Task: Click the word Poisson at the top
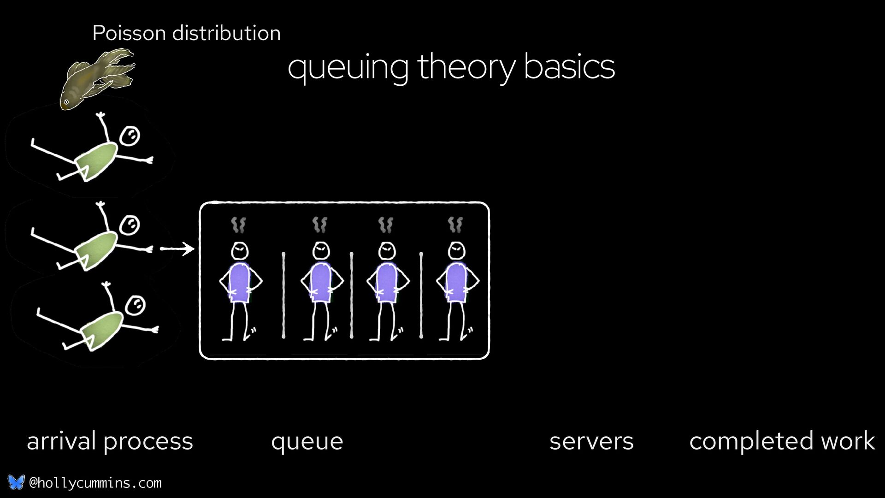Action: point(129,33)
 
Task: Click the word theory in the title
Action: point(466,67)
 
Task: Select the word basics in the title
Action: point(569,67)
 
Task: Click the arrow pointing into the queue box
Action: point(177,249)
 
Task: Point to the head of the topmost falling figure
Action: point(130,136)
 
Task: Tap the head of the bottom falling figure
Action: point(136,305)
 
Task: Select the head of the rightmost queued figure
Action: point(456,251)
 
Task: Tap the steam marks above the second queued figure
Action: point(319,225)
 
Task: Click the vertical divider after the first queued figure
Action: point(283,295)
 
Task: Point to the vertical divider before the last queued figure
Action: point(421,295)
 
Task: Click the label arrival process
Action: point(110,441)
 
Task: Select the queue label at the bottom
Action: point(307,442)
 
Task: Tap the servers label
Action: point(591,441)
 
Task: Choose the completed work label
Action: point(782,441)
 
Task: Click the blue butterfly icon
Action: point(16,482)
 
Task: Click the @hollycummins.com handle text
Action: point(95,483)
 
